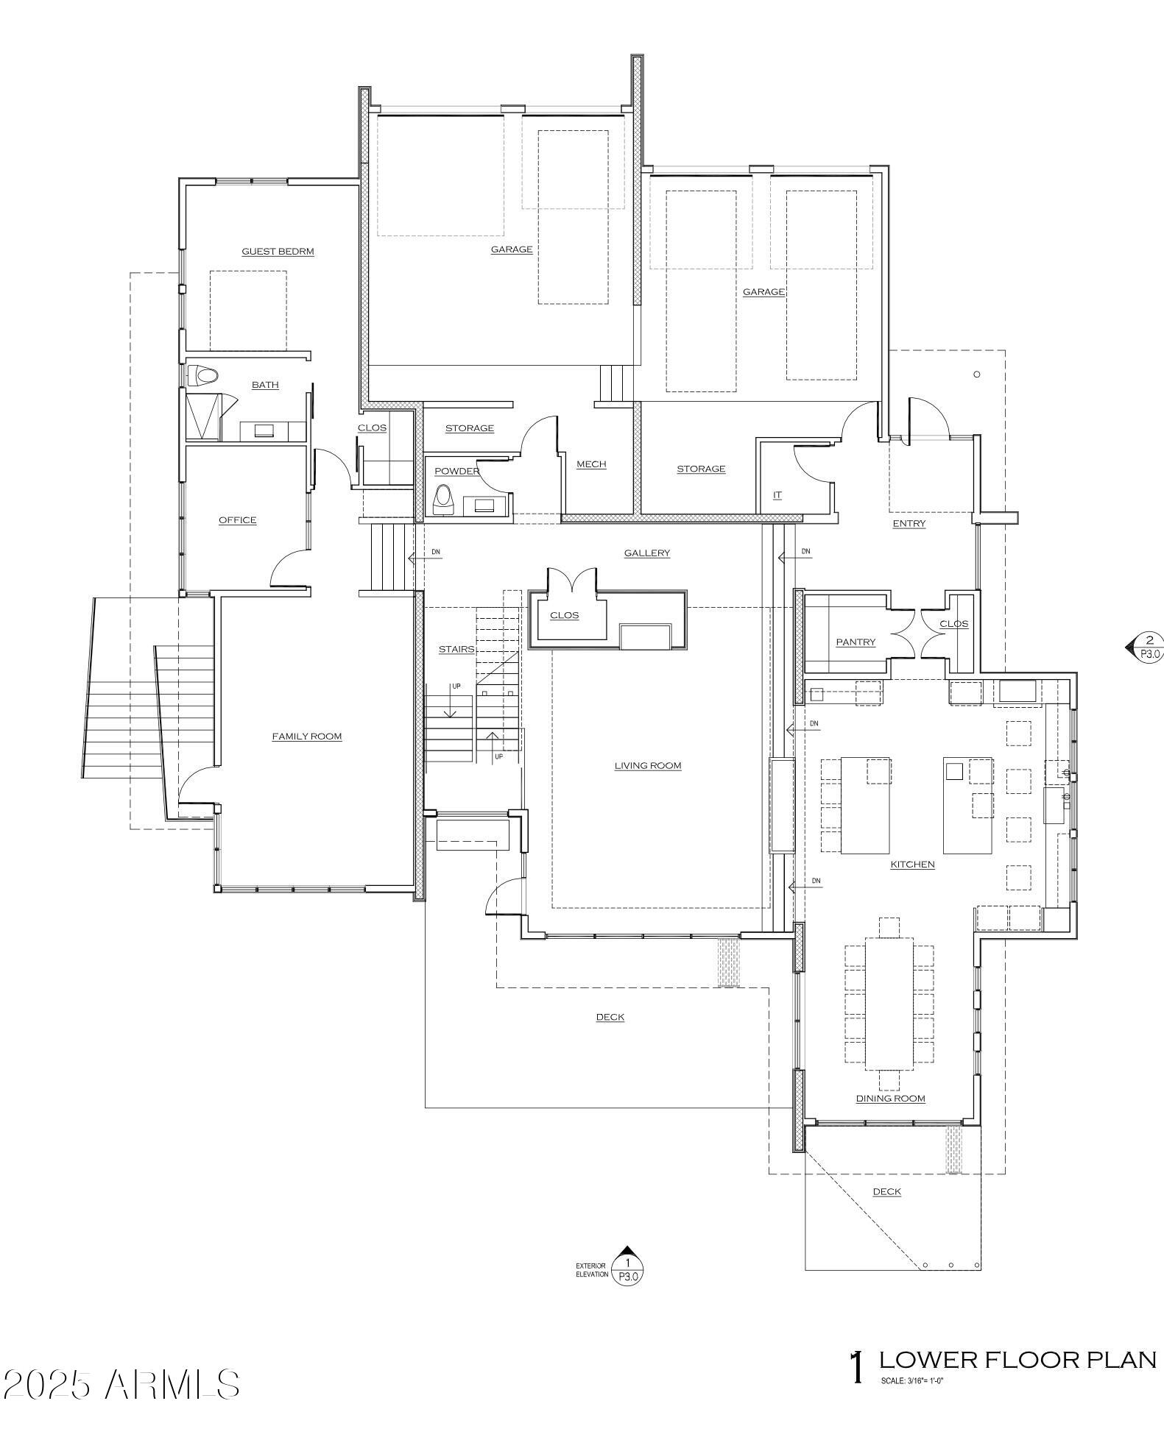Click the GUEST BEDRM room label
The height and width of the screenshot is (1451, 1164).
point(278,252)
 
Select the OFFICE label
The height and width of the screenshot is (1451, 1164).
point(237,520)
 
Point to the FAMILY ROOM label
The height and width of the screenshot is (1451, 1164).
point(307,737)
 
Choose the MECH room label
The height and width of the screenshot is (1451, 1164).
point(591,464)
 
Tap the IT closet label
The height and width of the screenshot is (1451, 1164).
point(777,495)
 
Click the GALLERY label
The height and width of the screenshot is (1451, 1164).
point(646,553)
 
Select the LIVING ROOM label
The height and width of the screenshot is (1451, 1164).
point(648,766)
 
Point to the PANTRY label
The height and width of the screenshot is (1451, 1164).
point(856,642)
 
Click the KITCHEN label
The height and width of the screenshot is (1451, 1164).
point(912,865)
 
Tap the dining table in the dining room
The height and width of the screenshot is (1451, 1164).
point(889,1003)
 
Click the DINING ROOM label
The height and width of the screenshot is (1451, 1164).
point(890,1099)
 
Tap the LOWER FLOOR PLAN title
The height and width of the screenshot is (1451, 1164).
point(1017,1360)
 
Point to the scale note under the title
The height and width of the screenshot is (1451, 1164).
point(911,1381)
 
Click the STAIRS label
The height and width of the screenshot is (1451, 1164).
point(456,650)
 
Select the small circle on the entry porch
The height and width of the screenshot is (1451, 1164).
point(977,375)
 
